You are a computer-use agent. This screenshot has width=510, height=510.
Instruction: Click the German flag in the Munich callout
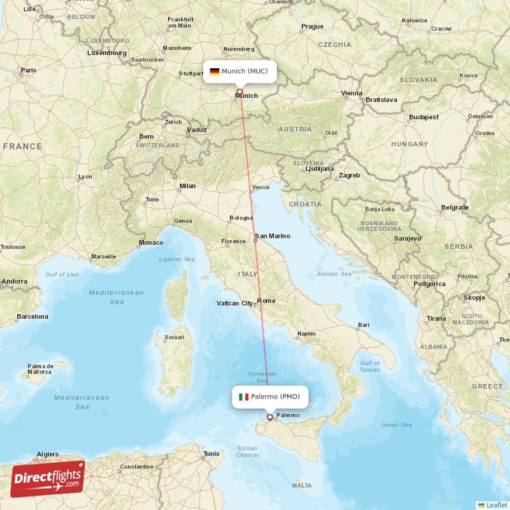(214, 71)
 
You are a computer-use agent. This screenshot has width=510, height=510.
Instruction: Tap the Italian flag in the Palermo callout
(244, 397)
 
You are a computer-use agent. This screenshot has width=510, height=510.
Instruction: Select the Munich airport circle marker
(240, 92)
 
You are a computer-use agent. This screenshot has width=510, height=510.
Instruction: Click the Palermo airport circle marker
(269, 418)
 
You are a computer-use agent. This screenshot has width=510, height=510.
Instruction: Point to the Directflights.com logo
(48, 478)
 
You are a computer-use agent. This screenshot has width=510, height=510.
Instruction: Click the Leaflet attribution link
(494, 504)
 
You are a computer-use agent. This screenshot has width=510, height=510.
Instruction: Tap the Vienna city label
(351, 93)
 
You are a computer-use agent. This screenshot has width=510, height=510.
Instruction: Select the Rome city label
(266, 301)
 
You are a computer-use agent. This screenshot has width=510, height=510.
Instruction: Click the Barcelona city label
(32, 316)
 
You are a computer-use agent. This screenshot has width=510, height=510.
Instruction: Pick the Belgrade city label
(455, 207)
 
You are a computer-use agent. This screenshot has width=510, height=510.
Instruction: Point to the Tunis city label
(211, 454)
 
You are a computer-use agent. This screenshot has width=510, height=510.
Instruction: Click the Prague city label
(312, 26)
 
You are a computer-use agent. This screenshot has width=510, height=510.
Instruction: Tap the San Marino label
(272, 236)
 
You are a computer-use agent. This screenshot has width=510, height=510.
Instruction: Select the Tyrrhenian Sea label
(262, 377)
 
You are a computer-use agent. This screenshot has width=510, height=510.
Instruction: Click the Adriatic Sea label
(335, 274)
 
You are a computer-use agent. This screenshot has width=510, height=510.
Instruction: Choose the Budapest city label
(424, 117)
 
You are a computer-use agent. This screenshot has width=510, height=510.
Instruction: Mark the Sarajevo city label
(407, 238)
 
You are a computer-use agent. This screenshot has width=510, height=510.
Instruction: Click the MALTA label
(302, 486)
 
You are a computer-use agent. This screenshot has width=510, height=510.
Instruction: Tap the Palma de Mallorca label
(40, 369)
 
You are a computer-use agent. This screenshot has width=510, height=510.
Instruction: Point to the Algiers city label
(48, 454)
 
